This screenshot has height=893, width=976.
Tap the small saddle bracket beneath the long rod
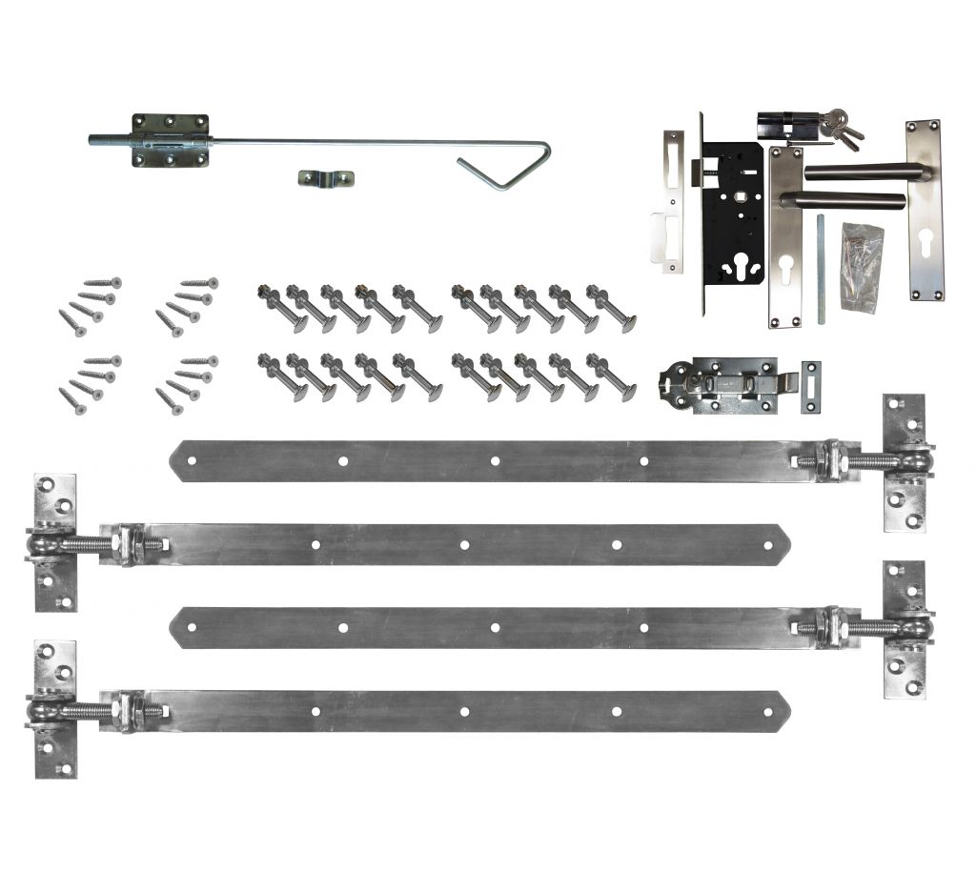click(x=325, y=178)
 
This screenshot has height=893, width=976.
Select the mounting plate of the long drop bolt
click(x=170, y=141)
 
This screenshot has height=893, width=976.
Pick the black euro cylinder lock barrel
click(x=783, y=127)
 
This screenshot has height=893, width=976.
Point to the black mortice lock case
click(x=732, y=219)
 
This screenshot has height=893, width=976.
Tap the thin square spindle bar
click(x=820, y=268)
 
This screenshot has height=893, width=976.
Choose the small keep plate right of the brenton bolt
click(x=811, y=387)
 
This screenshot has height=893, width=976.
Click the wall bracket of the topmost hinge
click(x=904, y=462)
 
